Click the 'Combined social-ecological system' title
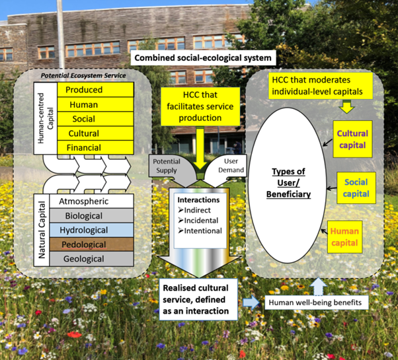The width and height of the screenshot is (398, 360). point(202,58)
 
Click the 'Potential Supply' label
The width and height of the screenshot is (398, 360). point(166,165)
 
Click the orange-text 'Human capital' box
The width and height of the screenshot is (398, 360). point(344,236)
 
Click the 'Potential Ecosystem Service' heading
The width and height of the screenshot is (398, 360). point(93,76)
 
